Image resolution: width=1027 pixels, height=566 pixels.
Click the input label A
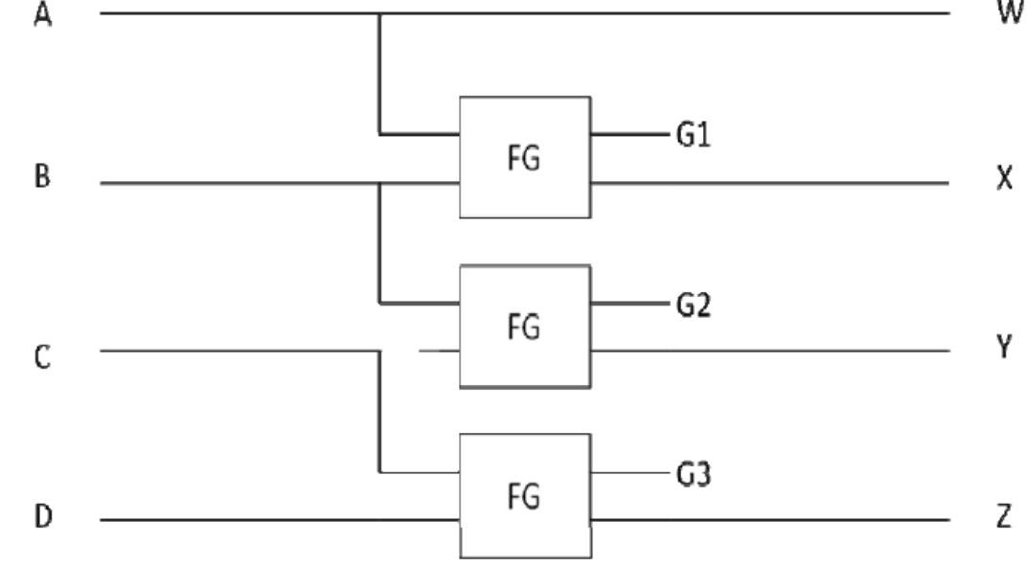[x=42, y=16]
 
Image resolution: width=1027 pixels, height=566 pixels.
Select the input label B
[x=41, y=180]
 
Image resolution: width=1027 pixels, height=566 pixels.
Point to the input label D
[x=41, y=518]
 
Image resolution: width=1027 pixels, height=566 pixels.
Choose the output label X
[x=1005, y=180]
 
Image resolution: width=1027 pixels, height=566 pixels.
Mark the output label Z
[x=1005, y=518]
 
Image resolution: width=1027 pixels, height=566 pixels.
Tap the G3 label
[x=690, y=474]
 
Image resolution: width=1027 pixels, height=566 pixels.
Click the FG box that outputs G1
[x=525, y=157]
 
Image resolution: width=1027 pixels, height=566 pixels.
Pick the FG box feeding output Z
[x=525, y=496]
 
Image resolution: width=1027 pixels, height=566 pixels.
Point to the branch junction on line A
[x=380, y=14]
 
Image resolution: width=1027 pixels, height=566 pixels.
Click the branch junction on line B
[x=380, y=182]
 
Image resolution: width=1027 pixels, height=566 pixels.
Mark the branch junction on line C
[x=380, y=351]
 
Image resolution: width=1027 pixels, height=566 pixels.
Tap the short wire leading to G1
[x=628, y=134]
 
